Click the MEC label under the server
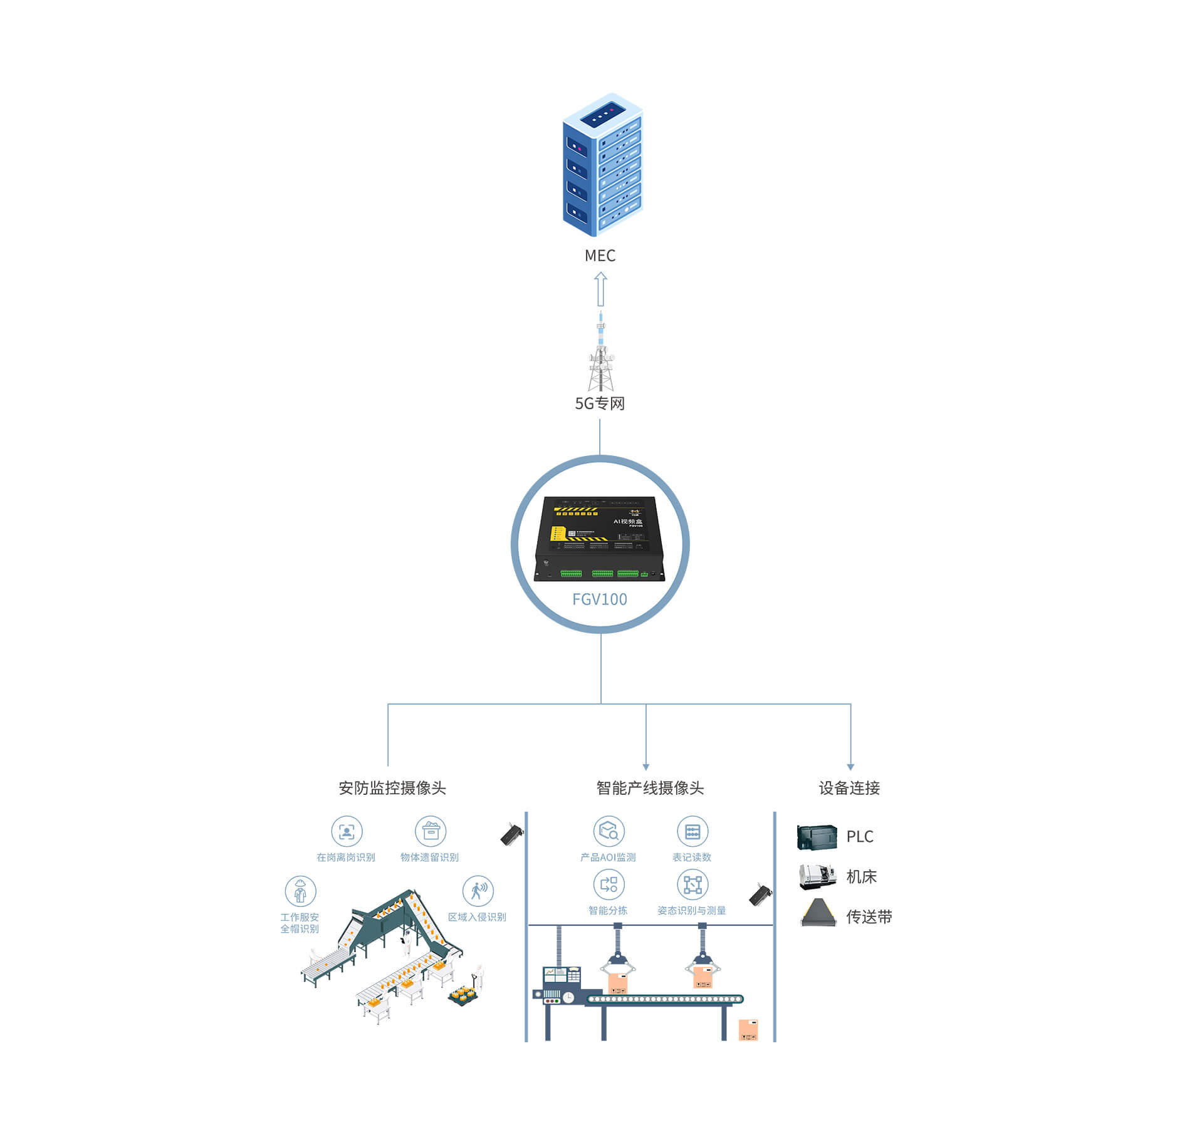tap(600, 256)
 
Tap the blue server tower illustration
tap(602, 164)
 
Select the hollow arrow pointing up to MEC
tap(600, 289)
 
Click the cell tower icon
tap(601, 355)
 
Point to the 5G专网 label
tap(600, 403)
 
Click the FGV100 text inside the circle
tap(600, 599)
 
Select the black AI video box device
tap(599, 539)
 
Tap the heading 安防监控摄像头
tap(392, 788)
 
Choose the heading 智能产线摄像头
tap(650, 788)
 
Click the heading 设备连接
tap(849, 788)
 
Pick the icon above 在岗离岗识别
tap(347, 831)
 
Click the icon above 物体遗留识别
tap(431, 831)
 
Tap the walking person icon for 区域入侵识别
tap(478, 890)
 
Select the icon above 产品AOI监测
tap(609, 831)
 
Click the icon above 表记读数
tap(692, 831)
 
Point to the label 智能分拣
tap(608, 910)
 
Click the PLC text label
tap(859, 837)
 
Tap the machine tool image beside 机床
tap(817, 876)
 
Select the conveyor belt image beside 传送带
tap(818, 913)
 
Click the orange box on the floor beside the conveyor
tap(748, 1030)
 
